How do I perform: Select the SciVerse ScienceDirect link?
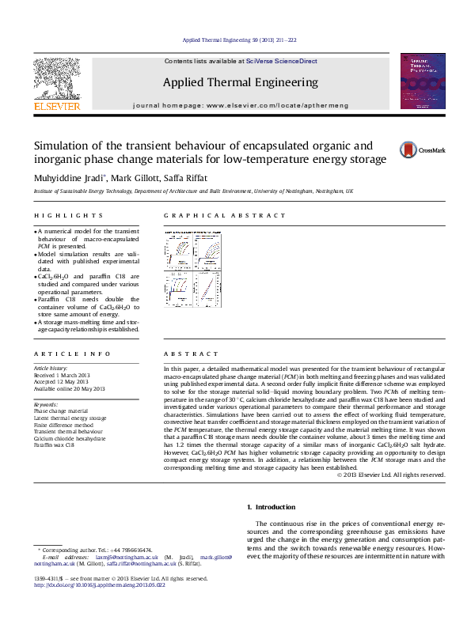click(x=281, y=61)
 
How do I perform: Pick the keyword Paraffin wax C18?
click(x=54, y=445)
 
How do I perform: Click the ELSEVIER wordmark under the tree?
click(x=56, y=105)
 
